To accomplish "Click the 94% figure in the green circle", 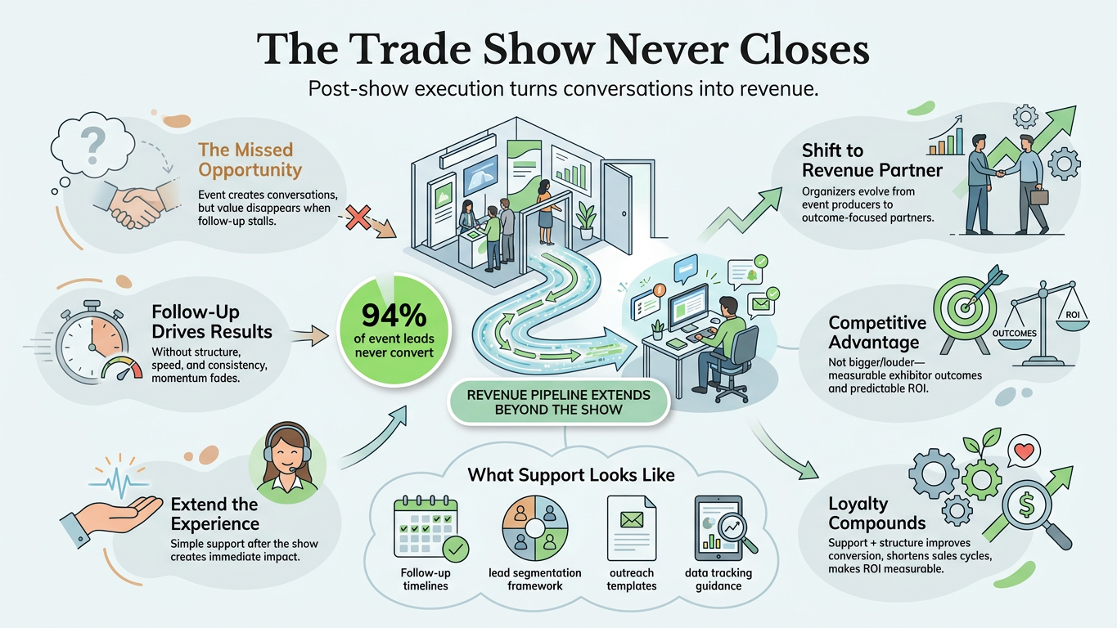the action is [x=394, y=315].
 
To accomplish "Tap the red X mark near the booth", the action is [x=358, y=218].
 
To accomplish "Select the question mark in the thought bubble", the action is [x=92, y=145].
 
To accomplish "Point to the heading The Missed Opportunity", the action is [x=250, y=159].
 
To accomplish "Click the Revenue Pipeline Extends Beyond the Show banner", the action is [x=558, y=402].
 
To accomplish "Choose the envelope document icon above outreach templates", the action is [x=631, y=527].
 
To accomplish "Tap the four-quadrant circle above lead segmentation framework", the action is [x=534, y=528].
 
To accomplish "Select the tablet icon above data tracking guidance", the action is [x=722, y=528].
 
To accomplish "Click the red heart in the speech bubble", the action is [x=1025, y=451].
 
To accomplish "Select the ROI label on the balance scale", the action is [x=1072, y=315].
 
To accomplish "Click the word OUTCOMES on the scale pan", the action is [x=1014, y=334].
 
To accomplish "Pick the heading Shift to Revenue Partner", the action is [x=872, y=160].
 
